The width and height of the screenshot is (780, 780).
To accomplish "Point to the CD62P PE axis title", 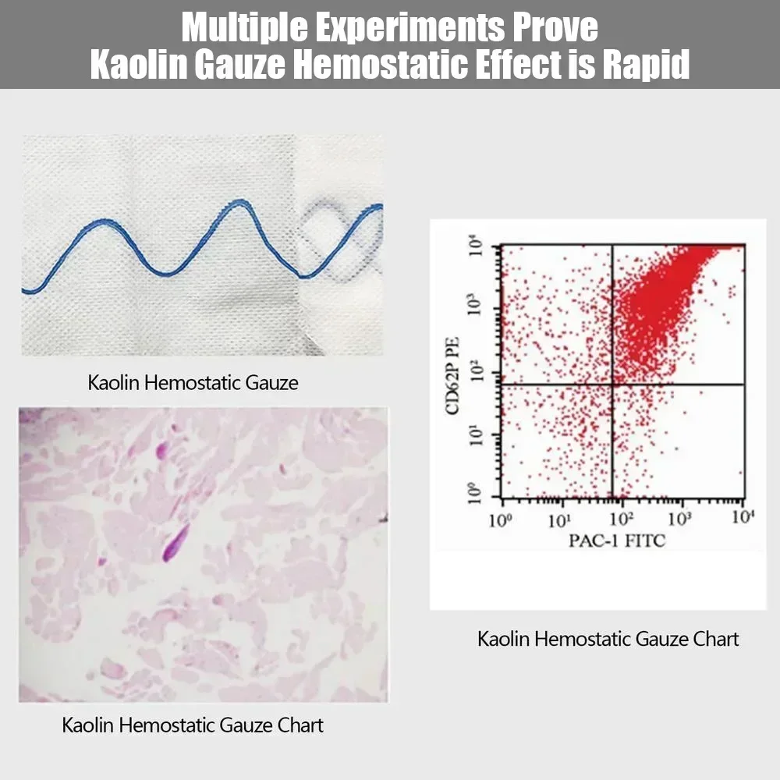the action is coord(452,376).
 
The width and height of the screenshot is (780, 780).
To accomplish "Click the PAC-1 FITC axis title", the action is coord(617,541).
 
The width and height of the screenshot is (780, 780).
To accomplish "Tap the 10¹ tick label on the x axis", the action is coord(559,519).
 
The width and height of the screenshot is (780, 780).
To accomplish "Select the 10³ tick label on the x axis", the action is coord(679,519).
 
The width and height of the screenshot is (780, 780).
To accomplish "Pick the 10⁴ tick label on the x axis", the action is coord(743,517).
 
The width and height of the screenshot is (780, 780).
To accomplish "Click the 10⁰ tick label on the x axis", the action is coord(500,519).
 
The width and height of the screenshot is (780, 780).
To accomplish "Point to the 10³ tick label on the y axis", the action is coord(476,305).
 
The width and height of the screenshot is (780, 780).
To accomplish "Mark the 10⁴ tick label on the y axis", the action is coord(476,246).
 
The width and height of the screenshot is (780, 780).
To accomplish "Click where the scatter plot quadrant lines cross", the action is coord(612,385).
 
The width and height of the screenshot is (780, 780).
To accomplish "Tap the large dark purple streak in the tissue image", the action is coord(176,542).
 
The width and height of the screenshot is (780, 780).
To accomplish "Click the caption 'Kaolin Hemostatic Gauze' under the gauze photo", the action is coord(193,382).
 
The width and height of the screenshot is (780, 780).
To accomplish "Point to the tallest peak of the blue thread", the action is coord(240,202).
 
